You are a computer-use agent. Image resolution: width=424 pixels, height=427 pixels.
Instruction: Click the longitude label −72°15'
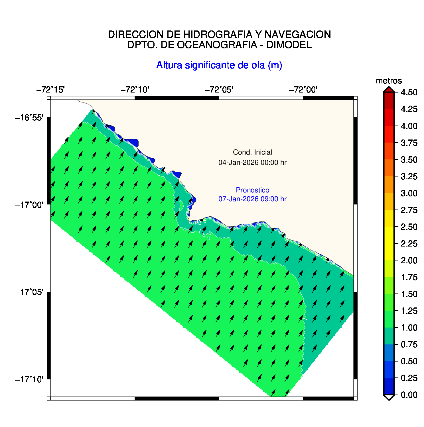click(50, 90)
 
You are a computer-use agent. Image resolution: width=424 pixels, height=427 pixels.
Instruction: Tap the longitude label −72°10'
click(135, 90)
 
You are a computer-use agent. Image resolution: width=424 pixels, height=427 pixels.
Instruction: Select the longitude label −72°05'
click(219, 90)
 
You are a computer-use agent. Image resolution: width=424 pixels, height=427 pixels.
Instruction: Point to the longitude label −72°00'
click(303, 90)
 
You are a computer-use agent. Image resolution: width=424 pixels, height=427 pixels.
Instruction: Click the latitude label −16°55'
click(29, 118)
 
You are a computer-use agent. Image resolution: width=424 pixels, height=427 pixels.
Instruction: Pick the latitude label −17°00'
click(29, 205)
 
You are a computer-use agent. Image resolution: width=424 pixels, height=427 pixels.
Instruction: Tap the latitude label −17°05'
click(29, 292)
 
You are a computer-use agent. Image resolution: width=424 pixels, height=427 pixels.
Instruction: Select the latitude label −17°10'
click(29, 379)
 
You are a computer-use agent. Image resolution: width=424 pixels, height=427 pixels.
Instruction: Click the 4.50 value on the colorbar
click(409, 92)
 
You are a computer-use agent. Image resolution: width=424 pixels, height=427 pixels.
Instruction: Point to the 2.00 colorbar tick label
click(409, 260)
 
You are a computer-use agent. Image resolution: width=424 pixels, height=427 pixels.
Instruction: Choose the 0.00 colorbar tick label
click(409, 395)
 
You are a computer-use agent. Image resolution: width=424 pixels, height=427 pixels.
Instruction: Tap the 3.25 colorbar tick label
click(409, 176)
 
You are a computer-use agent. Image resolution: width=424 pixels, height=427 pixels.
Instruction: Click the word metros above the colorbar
click(389, 81)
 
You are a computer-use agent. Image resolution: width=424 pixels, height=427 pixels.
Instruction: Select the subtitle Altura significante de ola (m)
click(219, 65)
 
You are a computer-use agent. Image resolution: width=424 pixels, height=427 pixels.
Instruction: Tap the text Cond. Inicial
click(252, 152)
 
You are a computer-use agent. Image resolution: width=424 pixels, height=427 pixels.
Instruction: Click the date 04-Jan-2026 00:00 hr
click(252, 163)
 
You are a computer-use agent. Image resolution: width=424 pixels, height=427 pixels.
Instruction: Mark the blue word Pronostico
click(252, 190)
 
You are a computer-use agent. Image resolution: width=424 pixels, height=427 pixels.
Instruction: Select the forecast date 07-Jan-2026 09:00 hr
click(252, 199)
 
